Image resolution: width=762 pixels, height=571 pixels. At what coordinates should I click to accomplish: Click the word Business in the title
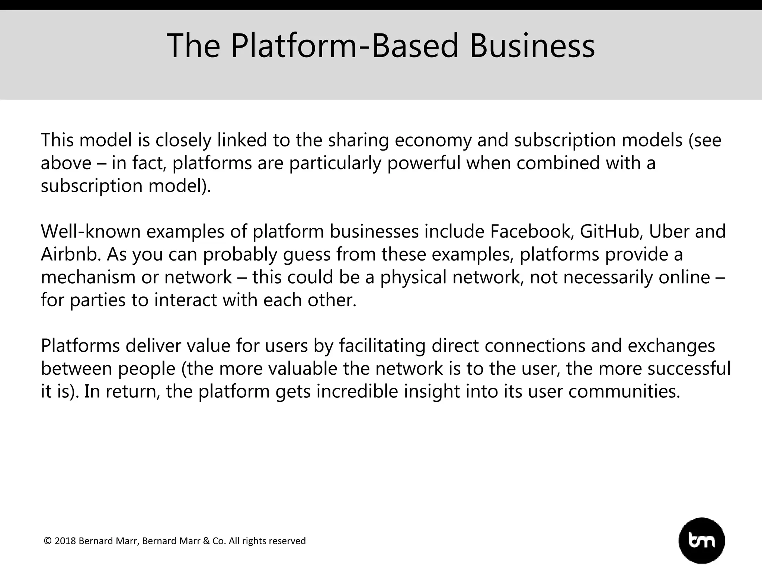coord(532,46)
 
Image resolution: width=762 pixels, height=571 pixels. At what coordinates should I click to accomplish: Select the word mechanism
coord(88,277)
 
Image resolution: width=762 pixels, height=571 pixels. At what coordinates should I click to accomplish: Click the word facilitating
coord(382,346)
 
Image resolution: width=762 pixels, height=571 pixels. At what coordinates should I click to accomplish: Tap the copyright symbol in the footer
coord(48,541)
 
